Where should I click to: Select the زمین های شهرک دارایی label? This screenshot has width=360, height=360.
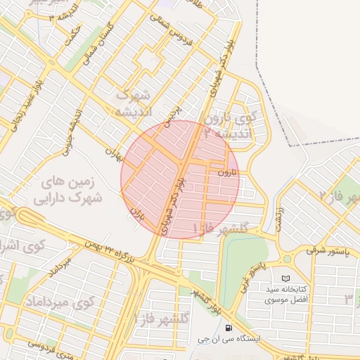pyautogui.click(x=69, y=189)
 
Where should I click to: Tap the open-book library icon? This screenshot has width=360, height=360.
pyautogui.click(x=285, y=279)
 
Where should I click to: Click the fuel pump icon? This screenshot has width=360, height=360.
pyautogui.click(x=229, y=328)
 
